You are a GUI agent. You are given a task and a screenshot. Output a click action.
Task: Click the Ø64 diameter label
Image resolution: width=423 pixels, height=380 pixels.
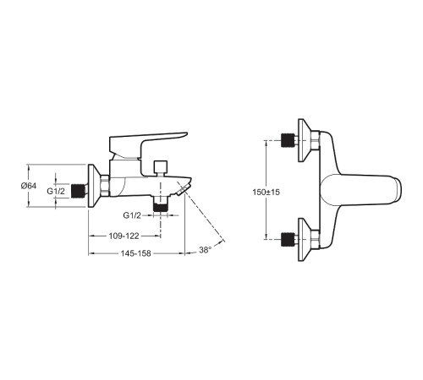coord(29,186)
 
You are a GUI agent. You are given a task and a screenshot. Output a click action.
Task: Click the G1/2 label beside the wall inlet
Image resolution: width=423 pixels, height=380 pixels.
coord(56,192)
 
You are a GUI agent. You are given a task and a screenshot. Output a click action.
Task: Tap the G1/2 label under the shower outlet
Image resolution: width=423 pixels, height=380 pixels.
coord(132,215)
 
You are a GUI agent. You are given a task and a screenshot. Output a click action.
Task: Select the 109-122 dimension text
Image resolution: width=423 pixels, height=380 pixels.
coord(124,236)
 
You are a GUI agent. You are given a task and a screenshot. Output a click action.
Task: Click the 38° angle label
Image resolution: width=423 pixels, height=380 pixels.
coord(205,250)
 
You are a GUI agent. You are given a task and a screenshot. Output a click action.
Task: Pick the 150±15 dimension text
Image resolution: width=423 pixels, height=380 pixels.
coord(266,193)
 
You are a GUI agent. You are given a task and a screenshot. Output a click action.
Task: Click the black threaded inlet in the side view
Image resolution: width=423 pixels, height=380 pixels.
coord(78,191)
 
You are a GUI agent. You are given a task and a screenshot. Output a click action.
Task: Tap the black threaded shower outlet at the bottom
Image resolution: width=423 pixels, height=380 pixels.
coord(160,208)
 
